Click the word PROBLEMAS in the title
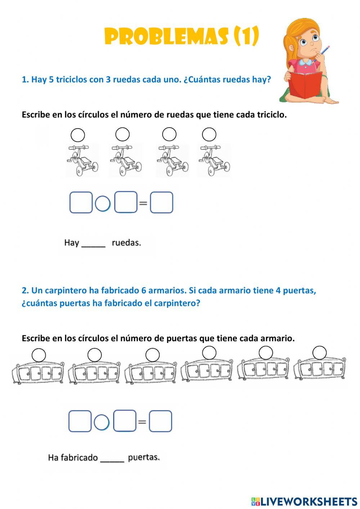coord(166,36)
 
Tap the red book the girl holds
coord(305,85)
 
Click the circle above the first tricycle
coord(78,135)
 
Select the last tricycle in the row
coord(214,160)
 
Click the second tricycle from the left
coord(125,160)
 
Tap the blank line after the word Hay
coord(94,244)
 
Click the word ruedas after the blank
coord(126,243)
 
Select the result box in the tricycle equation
coord(161,202)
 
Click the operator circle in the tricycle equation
coord(103,204)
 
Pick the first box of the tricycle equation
coord(81,202)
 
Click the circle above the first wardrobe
coord(39,355)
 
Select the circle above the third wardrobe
coord(153,355)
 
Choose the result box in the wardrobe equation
coord(161,421)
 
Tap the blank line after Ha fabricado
coord(112,459)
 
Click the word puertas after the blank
coord(144,457)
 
